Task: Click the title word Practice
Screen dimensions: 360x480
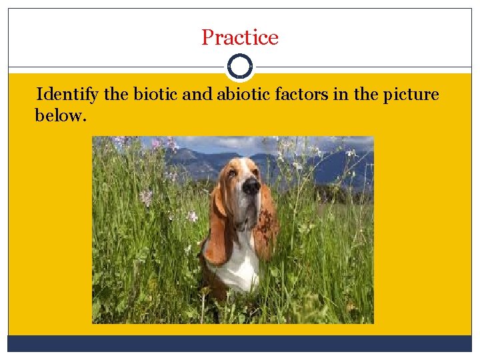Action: tap(240, 37)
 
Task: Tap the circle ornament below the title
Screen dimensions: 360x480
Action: tap(240, 67)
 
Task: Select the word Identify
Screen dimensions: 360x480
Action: tap(67, 95)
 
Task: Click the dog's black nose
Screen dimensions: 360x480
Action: tap(251, 187)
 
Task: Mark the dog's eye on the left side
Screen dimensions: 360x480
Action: tap(231, 174)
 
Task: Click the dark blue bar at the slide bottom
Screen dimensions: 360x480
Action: tap(240, 343)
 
